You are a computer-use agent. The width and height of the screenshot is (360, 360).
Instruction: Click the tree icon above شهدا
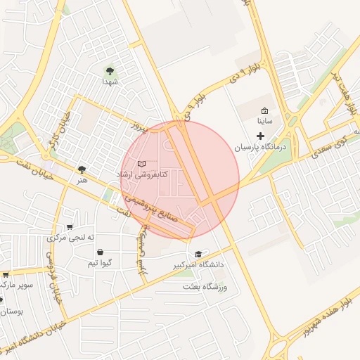(x=110, y=70)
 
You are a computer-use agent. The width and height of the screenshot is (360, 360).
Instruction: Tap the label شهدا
(x=110, y=82)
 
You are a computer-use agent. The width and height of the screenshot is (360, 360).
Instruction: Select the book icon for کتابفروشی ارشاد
(x=142, y=163)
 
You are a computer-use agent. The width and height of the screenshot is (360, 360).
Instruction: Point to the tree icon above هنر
(x=82, y=169)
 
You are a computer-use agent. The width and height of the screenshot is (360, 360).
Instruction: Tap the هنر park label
(x=84, y=181)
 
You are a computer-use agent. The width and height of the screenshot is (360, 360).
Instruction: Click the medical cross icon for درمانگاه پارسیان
(x=260, y=135)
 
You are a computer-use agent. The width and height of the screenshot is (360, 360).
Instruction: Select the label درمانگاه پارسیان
(x=262, y=147)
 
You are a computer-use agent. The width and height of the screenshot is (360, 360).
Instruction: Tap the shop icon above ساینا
(x=264, y=111)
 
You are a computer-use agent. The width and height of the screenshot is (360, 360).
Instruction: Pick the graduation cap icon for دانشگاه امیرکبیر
(x=198, y=254)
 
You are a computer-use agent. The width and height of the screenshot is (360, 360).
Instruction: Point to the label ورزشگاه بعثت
(x=206, y=286)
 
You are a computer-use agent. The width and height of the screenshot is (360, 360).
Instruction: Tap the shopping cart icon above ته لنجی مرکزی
(x=69, y=226)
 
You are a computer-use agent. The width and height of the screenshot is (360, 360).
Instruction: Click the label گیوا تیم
(x=99, y=263)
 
